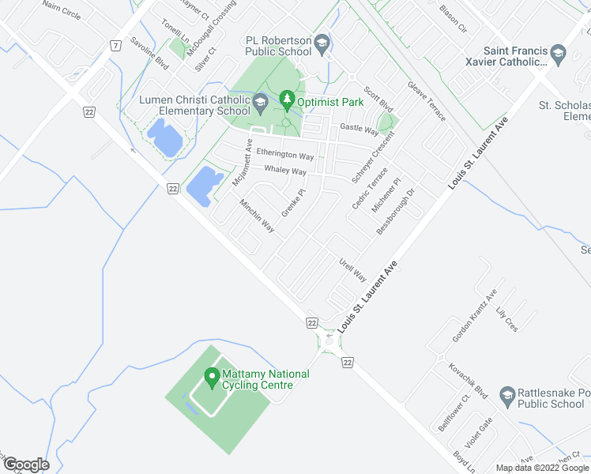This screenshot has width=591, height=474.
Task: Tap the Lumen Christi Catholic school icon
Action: click(x=261, y=102)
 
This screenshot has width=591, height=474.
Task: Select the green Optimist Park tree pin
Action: click(x=286, y=100)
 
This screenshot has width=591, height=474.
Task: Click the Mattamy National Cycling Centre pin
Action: click(x=211, y=378)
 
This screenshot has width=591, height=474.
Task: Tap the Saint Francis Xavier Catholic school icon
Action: click(x=558, y=53)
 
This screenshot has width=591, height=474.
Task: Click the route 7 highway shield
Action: click(x=115, y=45)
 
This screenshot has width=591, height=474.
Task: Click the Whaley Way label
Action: click(x=285, y=171)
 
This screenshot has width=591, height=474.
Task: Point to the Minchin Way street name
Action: click(x=257, y=215)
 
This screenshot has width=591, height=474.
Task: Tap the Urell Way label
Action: click(x=352, y=269)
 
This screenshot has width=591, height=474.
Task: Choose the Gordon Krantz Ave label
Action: click(x=474, y=316)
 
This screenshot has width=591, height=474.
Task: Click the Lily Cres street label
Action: click(x=506, y=318)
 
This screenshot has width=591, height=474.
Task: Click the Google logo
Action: click(x=26, y=465)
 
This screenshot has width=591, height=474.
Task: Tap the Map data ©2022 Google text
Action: click(x=542, y=468)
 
